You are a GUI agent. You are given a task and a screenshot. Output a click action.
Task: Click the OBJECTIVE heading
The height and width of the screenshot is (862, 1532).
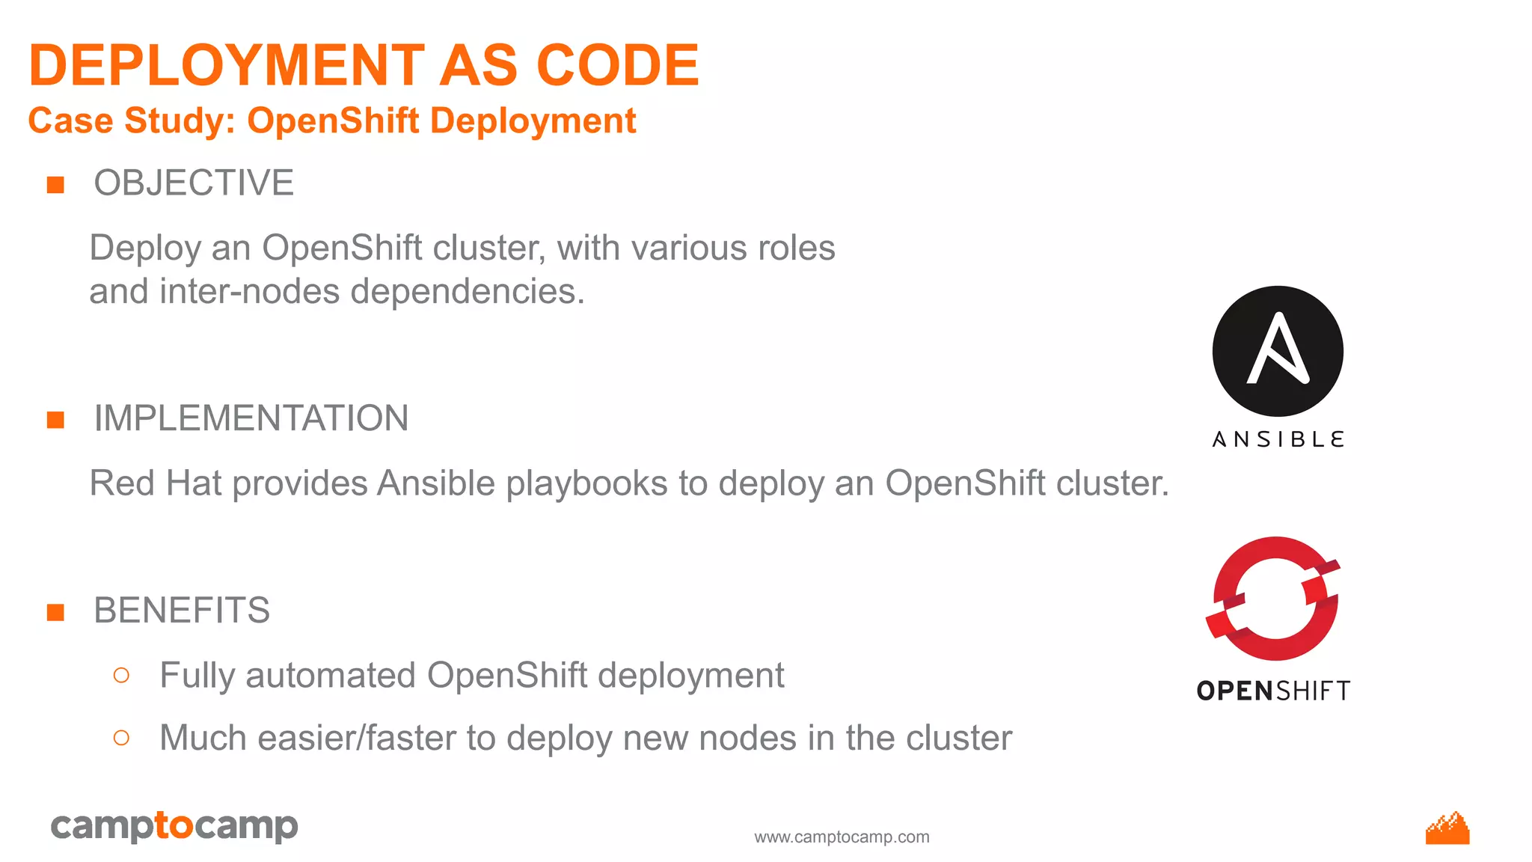(194, 183)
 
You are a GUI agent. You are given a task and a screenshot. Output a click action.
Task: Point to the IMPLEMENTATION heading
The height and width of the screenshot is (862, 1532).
(251, 418)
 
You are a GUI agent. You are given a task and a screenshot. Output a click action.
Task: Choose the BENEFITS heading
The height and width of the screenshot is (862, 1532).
(182, 611)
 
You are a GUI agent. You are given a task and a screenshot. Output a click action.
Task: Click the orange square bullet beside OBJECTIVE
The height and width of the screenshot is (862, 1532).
(55, 185)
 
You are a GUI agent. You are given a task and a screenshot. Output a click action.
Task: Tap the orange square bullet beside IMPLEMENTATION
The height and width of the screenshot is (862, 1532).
(55, 420)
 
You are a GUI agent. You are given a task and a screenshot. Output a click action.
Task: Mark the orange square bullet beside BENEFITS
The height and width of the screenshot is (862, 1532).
(55, 613)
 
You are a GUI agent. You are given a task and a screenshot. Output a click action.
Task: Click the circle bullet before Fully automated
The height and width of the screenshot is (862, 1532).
(121, 676)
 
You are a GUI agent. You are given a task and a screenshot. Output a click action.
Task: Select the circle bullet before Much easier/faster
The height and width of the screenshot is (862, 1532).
(121, 739)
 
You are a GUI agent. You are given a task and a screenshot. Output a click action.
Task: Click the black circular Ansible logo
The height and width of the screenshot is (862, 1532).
(1278, 351)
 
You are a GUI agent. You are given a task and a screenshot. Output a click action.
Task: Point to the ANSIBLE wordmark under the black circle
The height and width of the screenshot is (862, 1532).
(1278, 439)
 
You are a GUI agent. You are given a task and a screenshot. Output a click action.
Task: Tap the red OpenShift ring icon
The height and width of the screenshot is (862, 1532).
(1274, 599)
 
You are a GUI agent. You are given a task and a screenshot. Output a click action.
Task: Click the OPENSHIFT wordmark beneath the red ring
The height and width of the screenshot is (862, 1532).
(1273, 691)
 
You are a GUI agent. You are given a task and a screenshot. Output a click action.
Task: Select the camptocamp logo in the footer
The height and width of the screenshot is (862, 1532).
(174, 826)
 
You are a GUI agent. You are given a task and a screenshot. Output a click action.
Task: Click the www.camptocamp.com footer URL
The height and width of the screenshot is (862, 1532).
(842, 837)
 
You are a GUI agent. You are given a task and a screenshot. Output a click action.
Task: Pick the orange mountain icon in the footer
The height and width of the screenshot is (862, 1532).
(1447, 828)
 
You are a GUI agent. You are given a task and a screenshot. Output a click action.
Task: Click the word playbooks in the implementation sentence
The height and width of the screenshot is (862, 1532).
(586, 484)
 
